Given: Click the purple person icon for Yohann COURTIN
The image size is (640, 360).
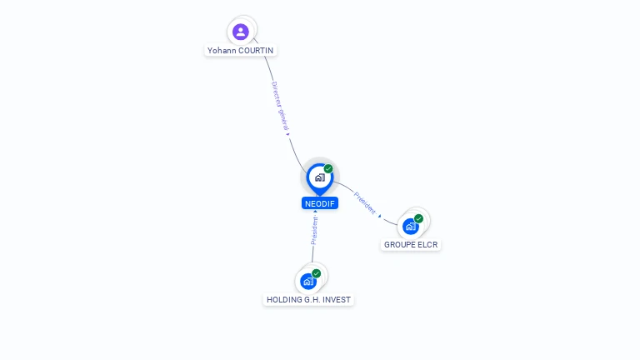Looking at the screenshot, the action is (240, 32).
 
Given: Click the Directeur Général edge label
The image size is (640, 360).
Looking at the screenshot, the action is (280, 106).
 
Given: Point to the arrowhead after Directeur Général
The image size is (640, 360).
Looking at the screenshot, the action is (287, 134).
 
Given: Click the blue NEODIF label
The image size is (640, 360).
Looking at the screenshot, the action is (320, 203).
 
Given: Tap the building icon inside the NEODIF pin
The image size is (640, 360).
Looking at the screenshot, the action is (320, 177).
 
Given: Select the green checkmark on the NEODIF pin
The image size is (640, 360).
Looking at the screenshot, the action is (328, 168).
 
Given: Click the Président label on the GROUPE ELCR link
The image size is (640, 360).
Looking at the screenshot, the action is (364, 202).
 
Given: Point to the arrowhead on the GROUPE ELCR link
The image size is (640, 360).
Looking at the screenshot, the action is (380, 216).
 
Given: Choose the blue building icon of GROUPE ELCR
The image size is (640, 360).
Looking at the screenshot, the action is (410, 227).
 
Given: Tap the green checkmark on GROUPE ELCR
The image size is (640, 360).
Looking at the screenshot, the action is (418, 219).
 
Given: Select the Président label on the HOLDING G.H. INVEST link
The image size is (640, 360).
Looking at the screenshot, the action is (314, 230).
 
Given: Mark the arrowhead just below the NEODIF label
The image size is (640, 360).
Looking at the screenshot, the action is (315, 212).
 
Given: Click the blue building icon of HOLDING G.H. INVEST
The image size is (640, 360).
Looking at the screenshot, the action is (308, 281).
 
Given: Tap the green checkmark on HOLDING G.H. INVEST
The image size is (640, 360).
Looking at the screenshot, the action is (317, 273).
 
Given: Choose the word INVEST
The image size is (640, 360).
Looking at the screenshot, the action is (337, 300).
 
